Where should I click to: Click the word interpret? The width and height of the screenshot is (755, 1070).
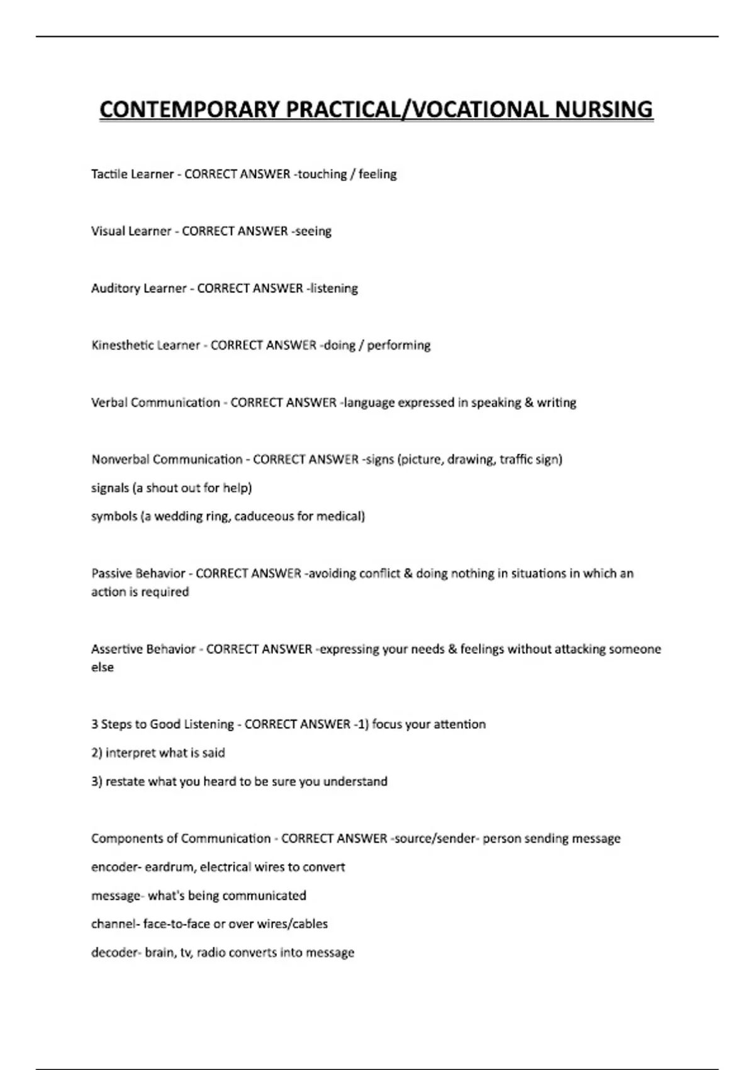131,753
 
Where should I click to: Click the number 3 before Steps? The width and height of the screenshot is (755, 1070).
94,724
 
